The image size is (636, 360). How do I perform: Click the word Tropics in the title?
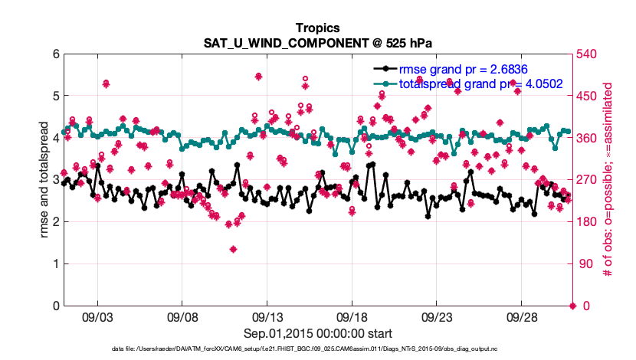318,28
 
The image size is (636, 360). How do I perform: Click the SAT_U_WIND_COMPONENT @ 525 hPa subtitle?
318,43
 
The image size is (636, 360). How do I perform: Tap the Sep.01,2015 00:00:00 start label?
318,333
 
